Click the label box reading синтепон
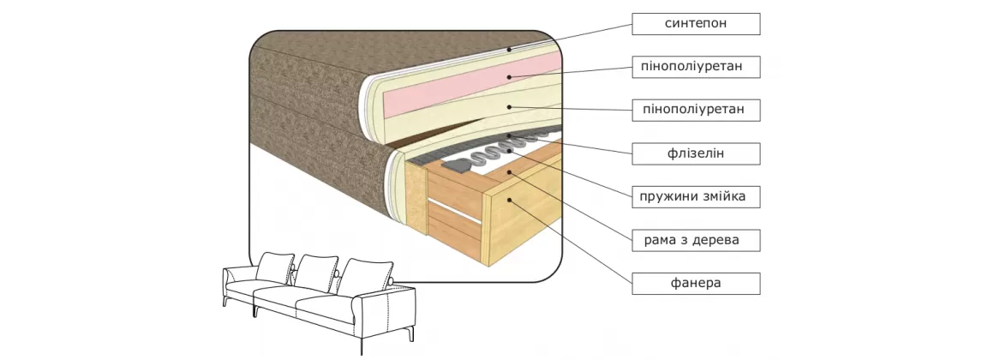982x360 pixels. (696, 24)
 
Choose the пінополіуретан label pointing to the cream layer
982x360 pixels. (696, 110)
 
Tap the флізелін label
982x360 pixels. (696, 154)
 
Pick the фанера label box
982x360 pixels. (696, 284)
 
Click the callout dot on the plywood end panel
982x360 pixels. (509, 201)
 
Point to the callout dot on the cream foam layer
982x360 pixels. (509, 106)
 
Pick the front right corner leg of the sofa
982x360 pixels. (362, 346)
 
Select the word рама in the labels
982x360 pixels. (661, 241)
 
